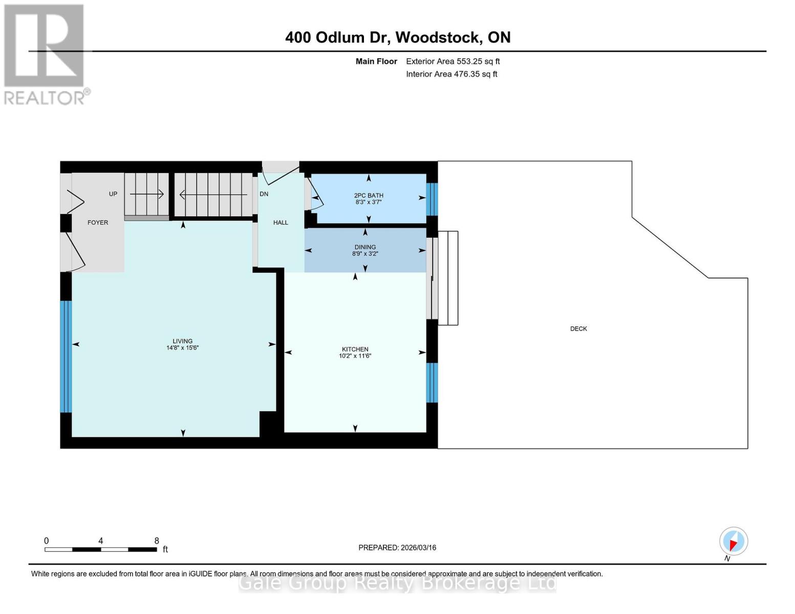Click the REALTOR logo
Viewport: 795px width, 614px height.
click(45, 54)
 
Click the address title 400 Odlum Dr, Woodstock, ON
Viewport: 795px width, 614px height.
click(397, 37)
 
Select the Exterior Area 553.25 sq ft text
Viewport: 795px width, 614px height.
click(453, 61)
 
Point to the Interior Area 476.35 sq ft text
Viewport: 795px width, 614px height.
click(452, 74)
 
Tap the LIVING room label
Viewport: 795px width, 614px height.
click(182, 341)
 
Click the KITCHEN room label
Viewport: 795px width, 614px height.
click(355, 349)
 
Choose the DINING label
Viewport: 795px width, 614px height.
click(365, 247)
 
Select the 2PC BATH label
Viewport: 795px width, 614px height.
click(369, 195)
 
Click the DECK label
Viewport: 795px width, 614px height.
click(578, 329)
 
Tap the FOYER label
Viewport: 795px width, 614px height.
click(98, 223)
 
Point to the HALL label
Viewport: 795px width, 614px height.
click(281, 223)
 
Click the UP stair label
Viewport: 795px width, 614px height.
click(113, 194)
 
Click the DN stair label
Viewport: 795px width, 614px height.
click(264, 194)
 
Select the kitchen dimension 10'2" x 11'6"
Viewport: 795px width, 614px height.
click(355, 356)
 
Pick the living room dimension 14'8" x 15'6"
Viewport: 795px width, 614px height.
click(182, 348)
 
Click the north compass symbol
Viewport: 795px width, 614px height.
click(734, 541)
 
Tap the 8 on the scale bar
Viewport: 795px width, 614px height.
click(157, 541)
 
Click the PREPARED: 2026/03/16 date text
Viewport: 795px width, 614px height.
click(397, 547)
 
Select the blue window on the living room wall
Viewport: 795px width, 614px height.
click(66, 356)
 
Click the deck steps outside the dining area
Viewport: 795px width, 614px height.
click(448, 278)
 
